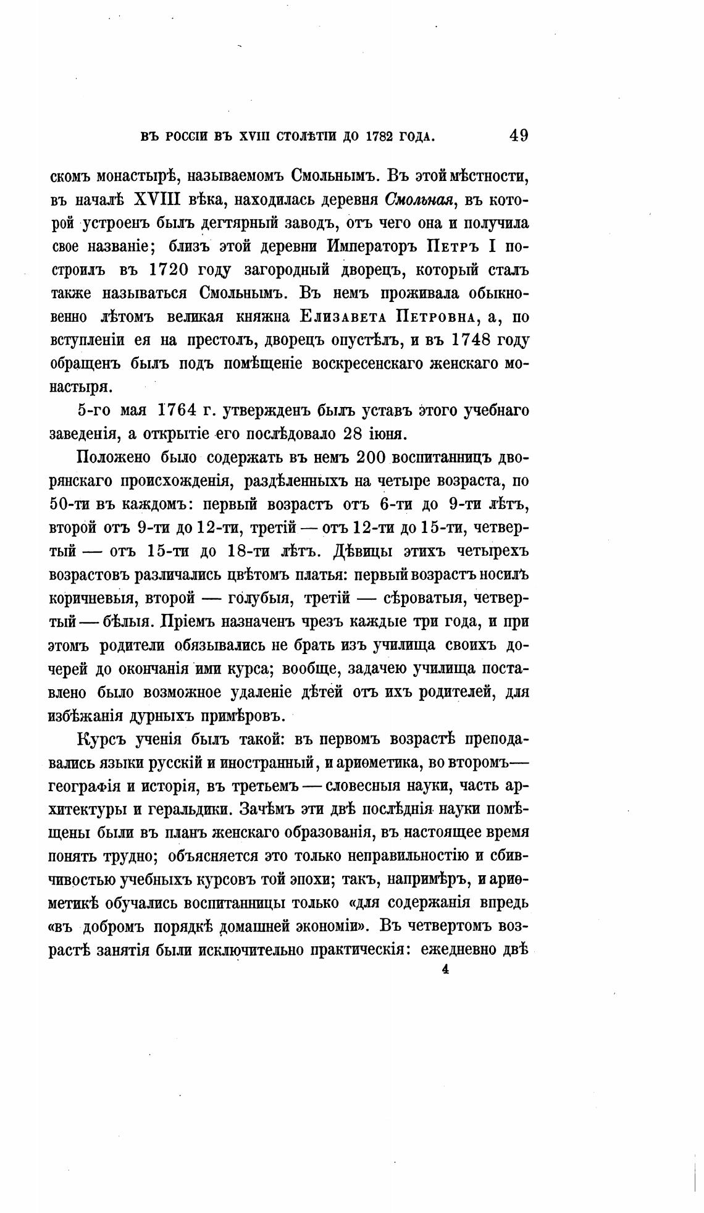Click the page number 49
(519, 135)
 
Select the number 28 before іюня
(351, 433)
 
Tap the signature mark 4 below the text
(445, 970)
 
